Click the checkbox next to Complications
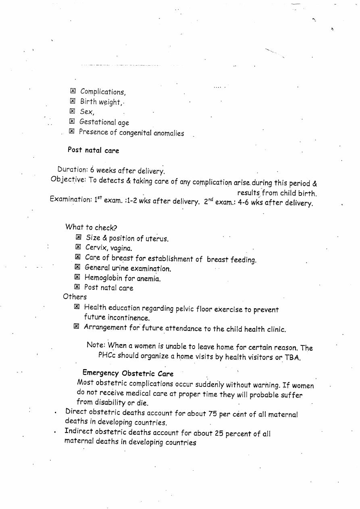(73, 91)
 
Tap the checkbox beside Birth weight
(73, 101)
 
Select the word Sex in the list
(86, 112)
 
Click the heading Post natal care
(93, 150)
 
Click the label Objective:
(68, 179)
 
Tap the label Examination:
(71, 199)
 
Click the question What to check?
(91, 227)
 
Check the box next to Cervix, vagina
(78, 247)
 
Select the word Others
(75, 297)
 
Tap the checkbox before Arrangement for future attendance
(76, 326)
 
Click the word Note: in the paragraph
(96, 345)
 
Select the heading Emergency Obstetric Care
(128, 373)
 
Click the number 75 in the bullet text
(212, 413)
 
